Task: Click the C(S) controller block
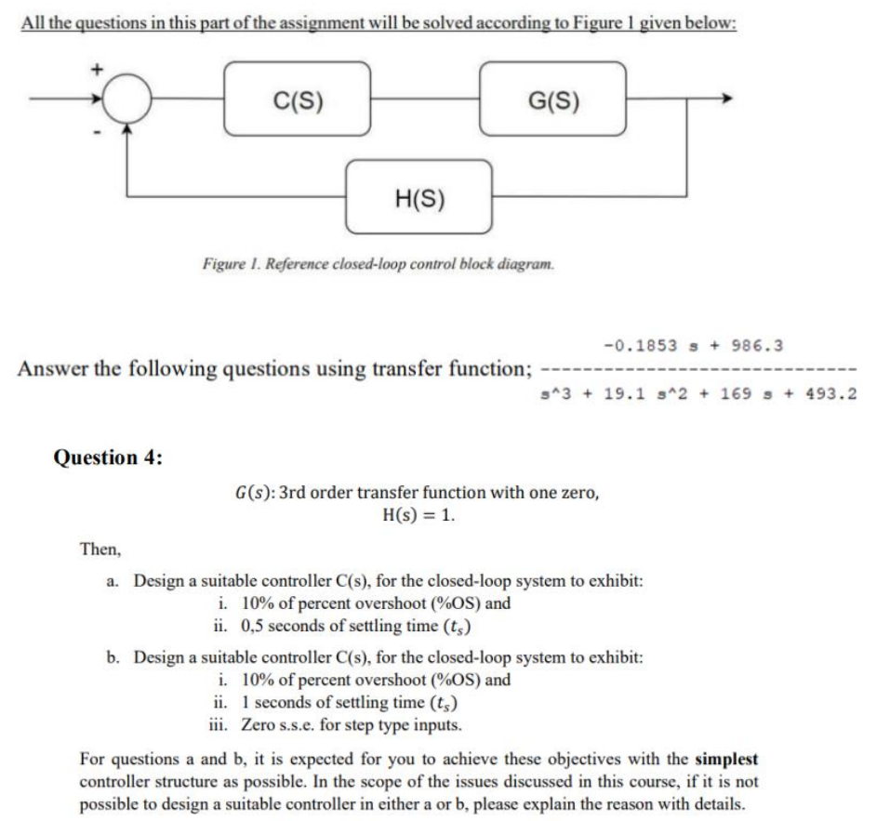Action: tap(298, 99)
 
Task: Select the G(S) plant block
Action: tap(552, 99)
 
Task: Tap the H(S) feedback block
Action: tap(418, 197)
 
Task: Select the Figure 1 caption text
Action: tap(379, 264)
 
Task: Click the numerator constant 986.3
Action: tap(759, 346)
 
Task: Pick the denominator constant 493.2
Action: tap(832, 393)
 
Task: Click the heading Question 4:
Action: tap(109, 457)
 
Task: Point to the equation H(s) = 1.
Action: tap(418, 516)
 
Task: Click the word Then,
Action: tap(100, 550)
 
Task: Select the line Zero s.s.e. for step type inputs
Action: tap(350, 723)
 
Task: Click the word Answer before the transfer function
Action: tap(54, 368)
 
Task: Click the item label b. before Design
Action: tap(113, 657)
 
